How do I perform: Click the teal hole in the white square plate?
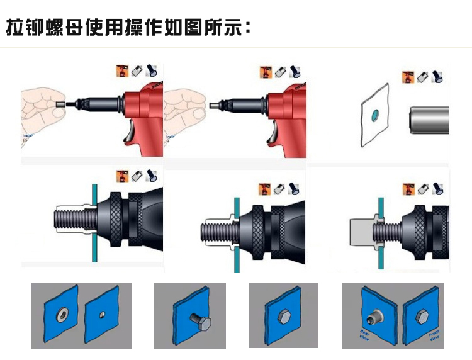[x=375, y=115]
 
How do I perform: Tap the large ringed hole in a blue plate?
[x=63, y=313]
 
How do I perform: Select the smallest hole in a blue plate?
[x=103, y=314]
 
